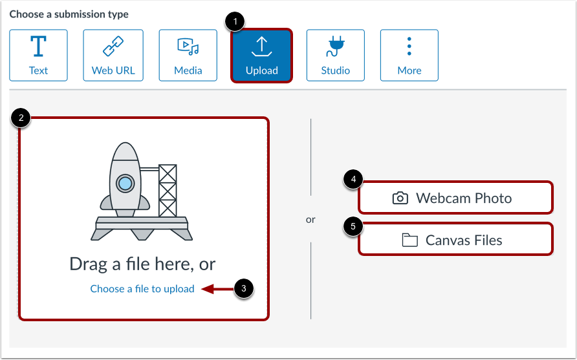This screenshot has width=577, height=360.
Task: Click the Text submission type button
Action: pyautogui.click(x=38, y=56)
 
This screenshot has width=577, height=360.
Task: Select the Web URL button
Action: pyautogui.click(x=113, y=56)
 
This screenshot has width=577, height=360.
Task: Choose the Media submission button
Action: pyautogui.click(x=188, y=56)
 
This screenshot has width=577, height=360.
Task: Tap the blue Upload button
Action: pyautogui.click(x=261, y=56)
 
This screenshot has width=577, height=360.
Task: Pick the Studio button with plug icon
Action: pyautogui.click(x=336, y=56)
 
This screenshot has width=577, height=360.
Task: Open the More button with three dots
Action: pyautogui.click(x=409, y=56)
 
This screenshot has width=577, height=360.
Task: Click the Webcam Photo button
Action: pyautogui.click(x=455, y=198)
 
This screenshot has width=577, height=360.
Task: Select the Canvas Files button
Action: pyautogui.click(x=455, y=240)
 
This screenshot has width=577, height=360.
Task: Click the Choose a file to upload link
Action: pyautogui.click(x=142, y=289)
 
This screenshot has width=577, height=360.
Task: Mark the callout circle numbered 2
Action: pyautogui.click(x=21, y=118)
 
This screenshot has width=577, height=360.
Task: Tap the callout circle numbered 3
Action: pyautogui.click(x=243, y=289)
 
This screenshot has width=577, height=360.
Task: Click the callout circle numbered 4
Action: pyautogui.click(x=353, y=180)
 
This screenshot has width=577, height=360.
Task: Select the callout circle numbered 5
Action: pyautogui.click(x=353, y=227)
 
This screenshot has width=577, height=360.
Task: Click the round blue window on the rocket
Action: pyautogui.click(x=124, y=184)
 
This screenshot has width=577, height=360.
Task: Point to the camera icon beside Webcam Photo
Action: pyautogui.click(x=400, y=198)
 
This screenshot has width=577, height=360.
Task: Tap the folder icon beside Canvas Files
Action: pyautogui.click(x=409, y=240)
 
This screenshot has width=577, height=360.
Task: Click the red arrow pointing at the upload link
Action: pyautogui.click(x=217, y=289)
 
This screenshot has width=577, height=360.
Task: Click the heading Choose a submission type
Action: pyautogui.click(x=69, y=14)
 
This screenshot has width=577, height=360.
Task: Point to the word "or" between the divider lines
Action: pyautogui.click(x=310, y=220)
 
